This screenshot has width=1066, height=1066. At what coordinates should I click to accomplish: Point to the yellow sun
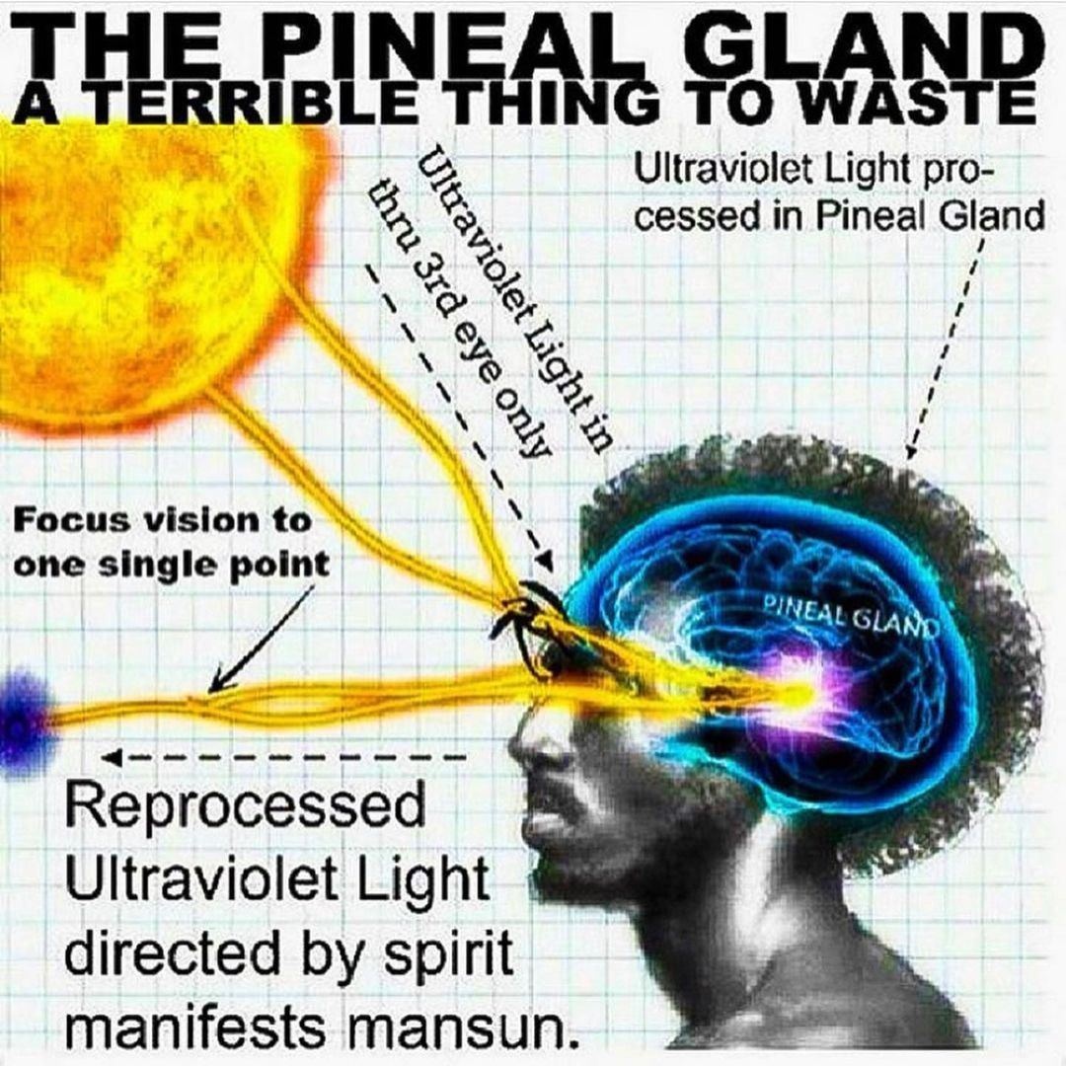[x=138, y=266]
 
